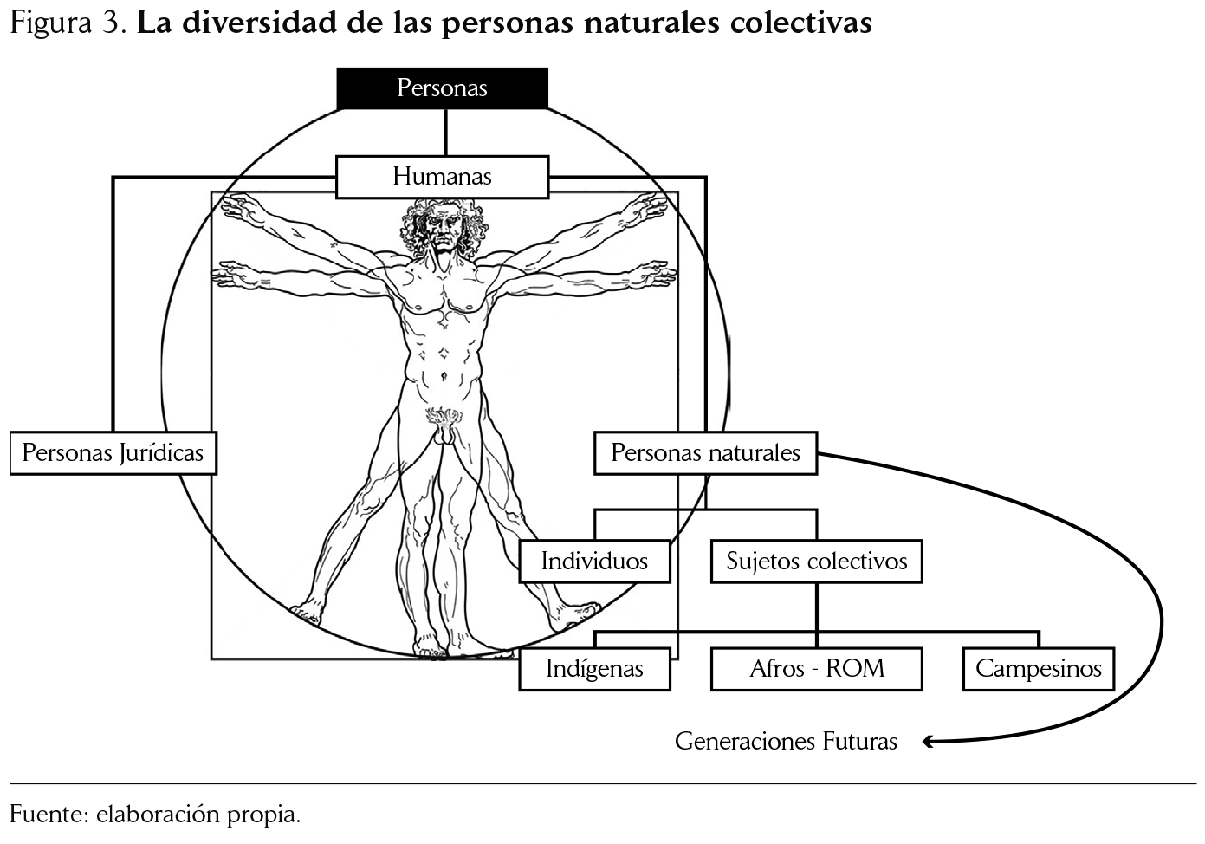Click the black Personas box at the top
click(x=442, y=88)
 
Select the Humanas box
click(x=442, y=177)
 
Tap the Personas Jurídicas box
click(x=113, y=453)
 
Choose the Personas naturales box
click(x=705, y=453)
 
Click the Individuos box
click(x=594, y=562)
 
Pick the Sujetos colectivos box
click(x=816, y=562)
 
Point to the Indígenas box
click(x=594, y=669)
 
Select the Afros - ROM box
click(x=816, y=669)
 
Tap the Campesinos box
click(x=1038, y=669)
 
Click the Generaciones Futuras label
click(x=786, y=742)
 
